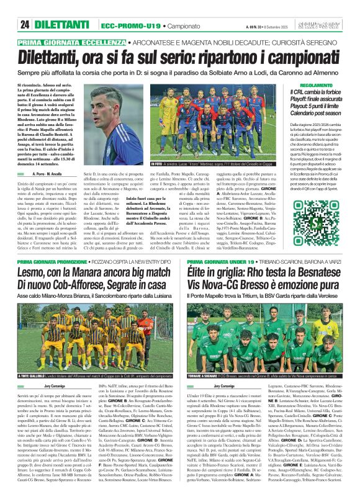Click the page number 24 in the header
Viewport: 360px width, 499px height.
(25, 25)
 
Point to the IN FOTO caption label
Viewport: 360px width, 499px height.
(157, 163)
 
